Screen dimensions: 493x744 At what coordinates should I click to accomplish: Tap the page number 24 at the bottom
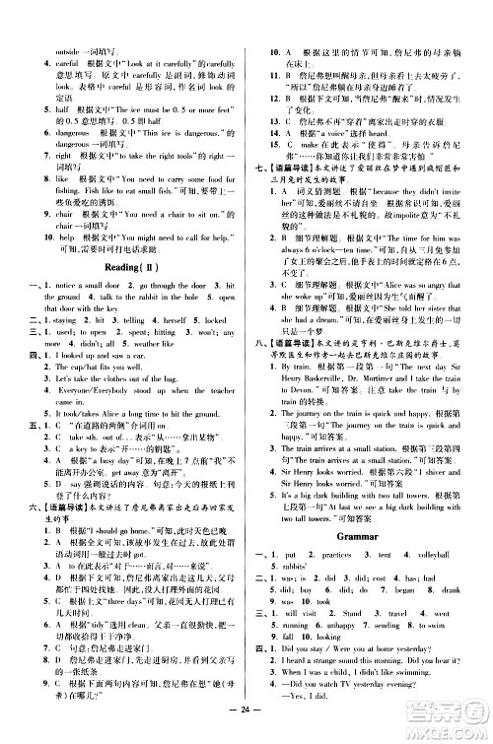pos(246,730)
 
